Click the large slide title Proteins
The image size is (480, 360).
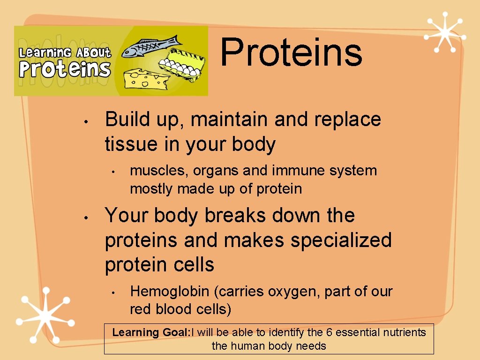pos(291,52)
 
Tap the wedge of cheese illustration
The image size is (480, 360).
pos(146,77)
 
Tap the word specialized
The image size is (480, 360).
pos(341,240)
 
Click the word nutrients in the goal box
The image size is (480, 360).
pos(404,333)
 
